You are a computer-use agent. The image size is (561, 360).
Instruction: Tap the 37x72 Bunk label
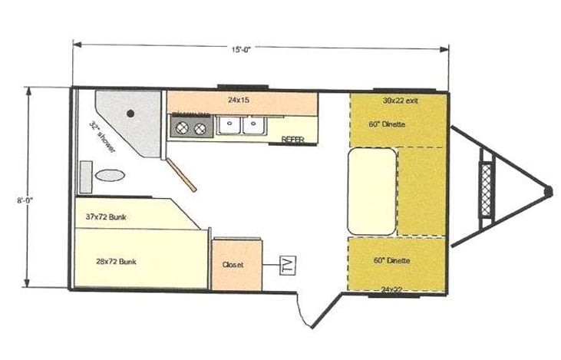[107, 217]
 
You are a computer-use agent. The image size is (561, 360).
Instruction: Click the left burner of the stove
[183, 128]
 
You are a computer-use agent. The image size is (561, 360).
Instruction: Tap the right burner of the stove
[200, 128]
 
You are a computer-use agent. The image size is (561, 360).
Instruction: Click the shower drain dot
[130, 114]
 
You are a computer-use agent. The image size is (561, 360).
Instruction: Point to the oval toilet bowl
[110, 175]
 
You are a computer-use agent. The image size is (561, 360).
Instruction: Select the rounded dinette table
[372, 191]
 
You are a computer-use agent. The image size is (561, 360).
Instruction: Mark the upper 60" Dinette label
[386, 124]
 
